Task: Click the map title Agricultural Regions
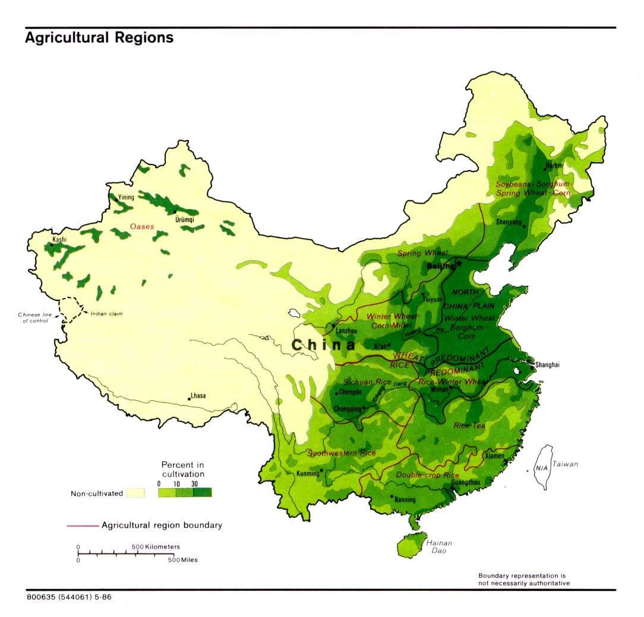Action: (99, 38)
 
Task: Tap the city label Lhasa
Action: (198, 395)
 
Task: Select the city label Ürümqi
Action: (185, 219)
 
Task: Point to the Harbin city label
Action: (553, 166)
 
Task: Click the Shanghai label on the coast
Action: (547, 365)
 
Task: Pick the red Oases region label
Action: (143, 226)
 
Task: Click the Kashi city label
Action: (59, 240)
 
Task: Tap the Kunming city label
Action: (308, 474)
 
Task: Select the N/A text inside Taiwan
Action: (541, 468)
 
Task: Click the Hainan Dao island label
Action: (439, 547)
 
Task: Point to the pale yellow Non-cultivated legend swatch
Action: (136, 493)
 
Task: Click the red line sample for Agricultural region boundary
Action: (81, 526)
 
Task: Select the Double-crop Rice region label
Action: (428, 476)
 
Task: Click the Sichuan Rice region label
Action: (367, 382)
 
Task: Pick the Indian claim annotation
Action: (106, 313)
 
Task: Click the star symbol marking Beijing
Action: (459, 264)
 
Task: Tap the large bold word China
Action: (324, 345)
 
